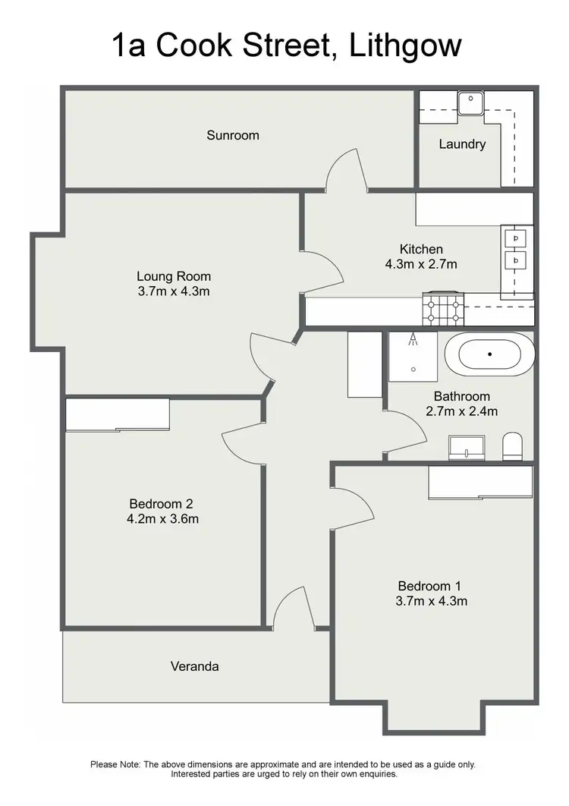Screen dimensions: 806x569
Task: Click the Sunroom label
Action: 233,135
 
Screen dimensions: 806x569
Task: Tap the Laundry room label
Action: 462,143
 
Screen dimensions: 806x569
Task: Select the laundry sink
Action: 471,101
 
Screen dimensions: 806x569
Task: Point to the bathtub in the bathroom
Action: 489,354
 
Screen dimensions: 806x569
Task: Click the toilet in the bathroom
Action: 513,446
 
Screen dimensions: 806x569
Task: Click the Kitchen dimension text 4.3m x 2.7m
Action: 421,264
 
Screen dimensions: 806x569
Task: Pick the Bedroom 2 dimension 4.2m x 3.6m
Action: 164,519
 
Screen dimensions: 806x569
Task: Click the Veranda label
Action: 194,666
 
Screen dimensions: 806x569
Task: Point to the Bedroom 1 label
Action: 429,586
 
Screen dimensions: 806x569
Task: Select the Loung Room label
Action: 174,276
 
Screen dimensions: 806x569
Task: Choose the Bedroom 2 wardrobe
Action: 118,414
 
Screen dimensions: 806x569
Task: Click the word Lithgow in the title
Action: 406,46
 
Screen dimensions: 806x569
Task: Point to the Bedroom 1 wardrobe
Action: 480,482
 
